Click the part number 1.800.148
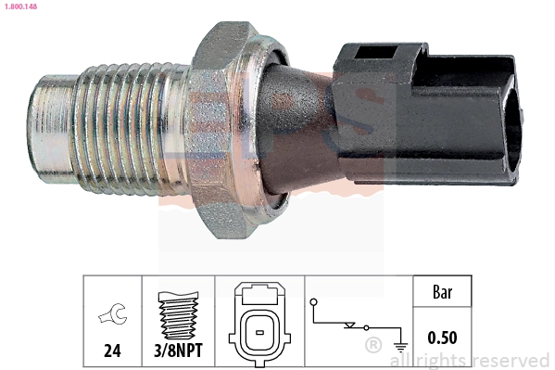(x=19, y=6)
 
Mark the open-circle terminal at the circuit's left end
(x=315, y=302)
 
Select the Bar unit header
(x=441, y=292)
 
